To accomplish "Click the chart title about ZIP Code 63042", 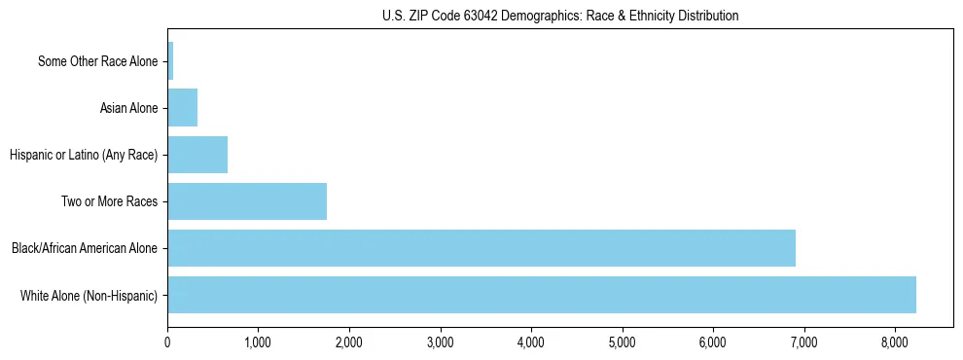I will (x=560, y=16).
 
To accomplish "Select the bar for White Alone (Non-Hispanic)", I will (x=542, y=295).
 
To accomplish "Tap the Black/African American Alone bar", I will (x=481, y=248).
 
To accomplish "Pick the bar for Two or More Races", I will (x=247, y=201).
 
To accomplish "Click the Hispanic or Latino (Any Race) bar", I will (x=197, y=155).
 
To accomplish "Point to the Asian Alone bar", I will (x=183, y=108).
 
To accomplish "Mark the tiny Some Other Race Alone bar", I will (x=170, y=61).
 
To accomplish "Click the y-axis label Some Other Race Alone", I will (x=97, y=62).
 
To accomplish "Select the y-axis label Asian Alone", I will (x=128, y=108).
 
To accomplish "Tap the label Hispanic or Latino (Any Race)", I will (x=84, y=155).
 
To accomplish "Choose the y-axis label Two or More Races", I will (x=109, y=201).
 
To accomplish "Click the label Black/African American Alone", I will (x=85, y=248).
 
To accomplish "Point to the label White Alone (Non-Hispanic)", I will (x=89, y=295).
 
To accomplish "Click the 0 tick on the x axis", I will (x=167, y=342).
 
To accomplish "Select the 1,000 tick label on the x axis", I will (x=258, y=342).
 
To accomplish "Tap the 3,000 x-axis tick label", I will (x=440, y=342).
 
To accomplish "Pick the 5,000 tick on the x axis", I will (x=622, y=342).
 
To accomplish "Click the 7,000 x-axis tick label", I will (x=803, y=342).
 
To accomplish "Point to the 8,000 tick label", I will (x=895, y=342).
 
